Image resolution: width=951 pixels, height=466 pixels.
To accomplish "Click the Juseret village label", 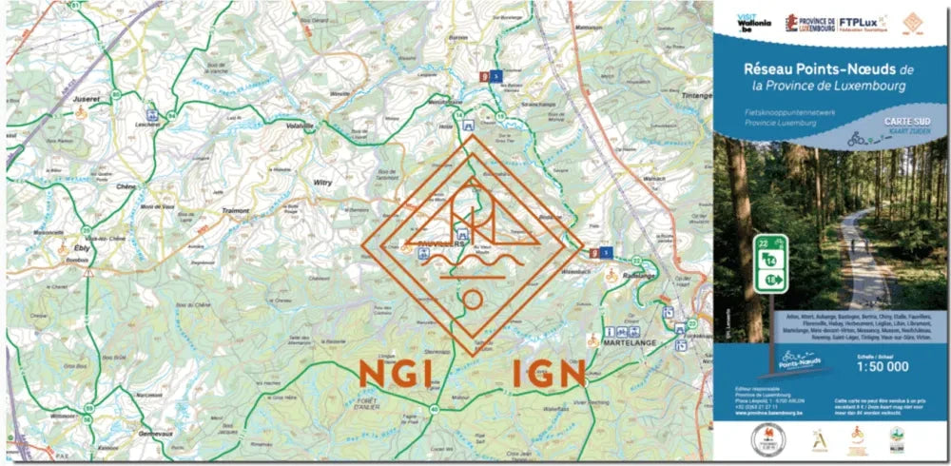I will point(86,98).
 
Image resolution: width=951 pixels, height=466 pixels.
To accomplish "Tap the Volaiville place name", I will point(298,126).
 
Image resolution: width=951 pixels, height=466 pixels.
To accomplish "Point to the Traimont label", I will point(234,210).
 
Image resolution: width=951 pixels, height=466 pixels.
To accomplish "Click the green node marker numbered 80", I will point(113,94).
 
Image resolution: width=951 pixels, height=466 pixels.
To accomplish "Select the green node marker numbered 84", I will point(172,115).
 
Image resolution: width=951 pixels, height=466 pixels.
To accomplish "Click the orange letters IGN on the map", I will point(549,374).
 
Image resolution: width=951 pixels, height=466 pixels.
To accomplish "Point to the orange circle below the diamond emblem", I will point(472,301).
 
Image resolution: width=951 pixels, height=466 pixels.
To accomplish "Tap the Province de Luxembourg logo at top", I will point(810,22).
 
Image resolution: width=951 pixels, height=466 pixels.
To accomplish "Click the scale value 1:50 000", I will point(883,366).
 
